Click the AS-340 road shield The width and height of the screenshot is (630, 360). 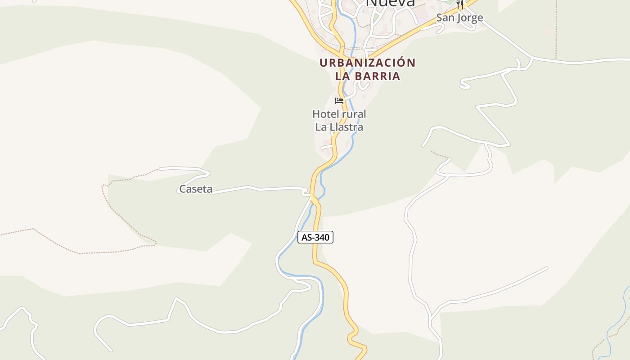(x=315, y=237)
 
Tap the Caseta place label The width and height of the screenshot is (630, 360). (x=196, y=189)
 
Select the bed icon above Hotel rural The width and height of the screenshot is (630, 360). (x=339, y=100)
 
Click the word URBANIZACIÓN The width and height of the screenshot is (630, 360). (x=368, y=63)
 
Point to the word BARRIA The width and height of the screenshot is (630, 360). (x=378, y=76)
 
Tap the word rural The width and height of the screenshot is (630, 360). (x=353, y=114)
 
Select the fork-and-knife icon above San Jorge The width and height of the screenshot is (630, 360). (x=459, y=4)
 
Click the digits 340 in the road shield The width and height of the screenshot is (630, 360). (x=321, y=237)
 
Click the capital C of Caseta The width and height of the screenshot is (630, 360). (x=183, y=189)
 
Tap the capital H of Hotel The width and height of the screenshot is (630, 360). (x=316, y=114)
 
